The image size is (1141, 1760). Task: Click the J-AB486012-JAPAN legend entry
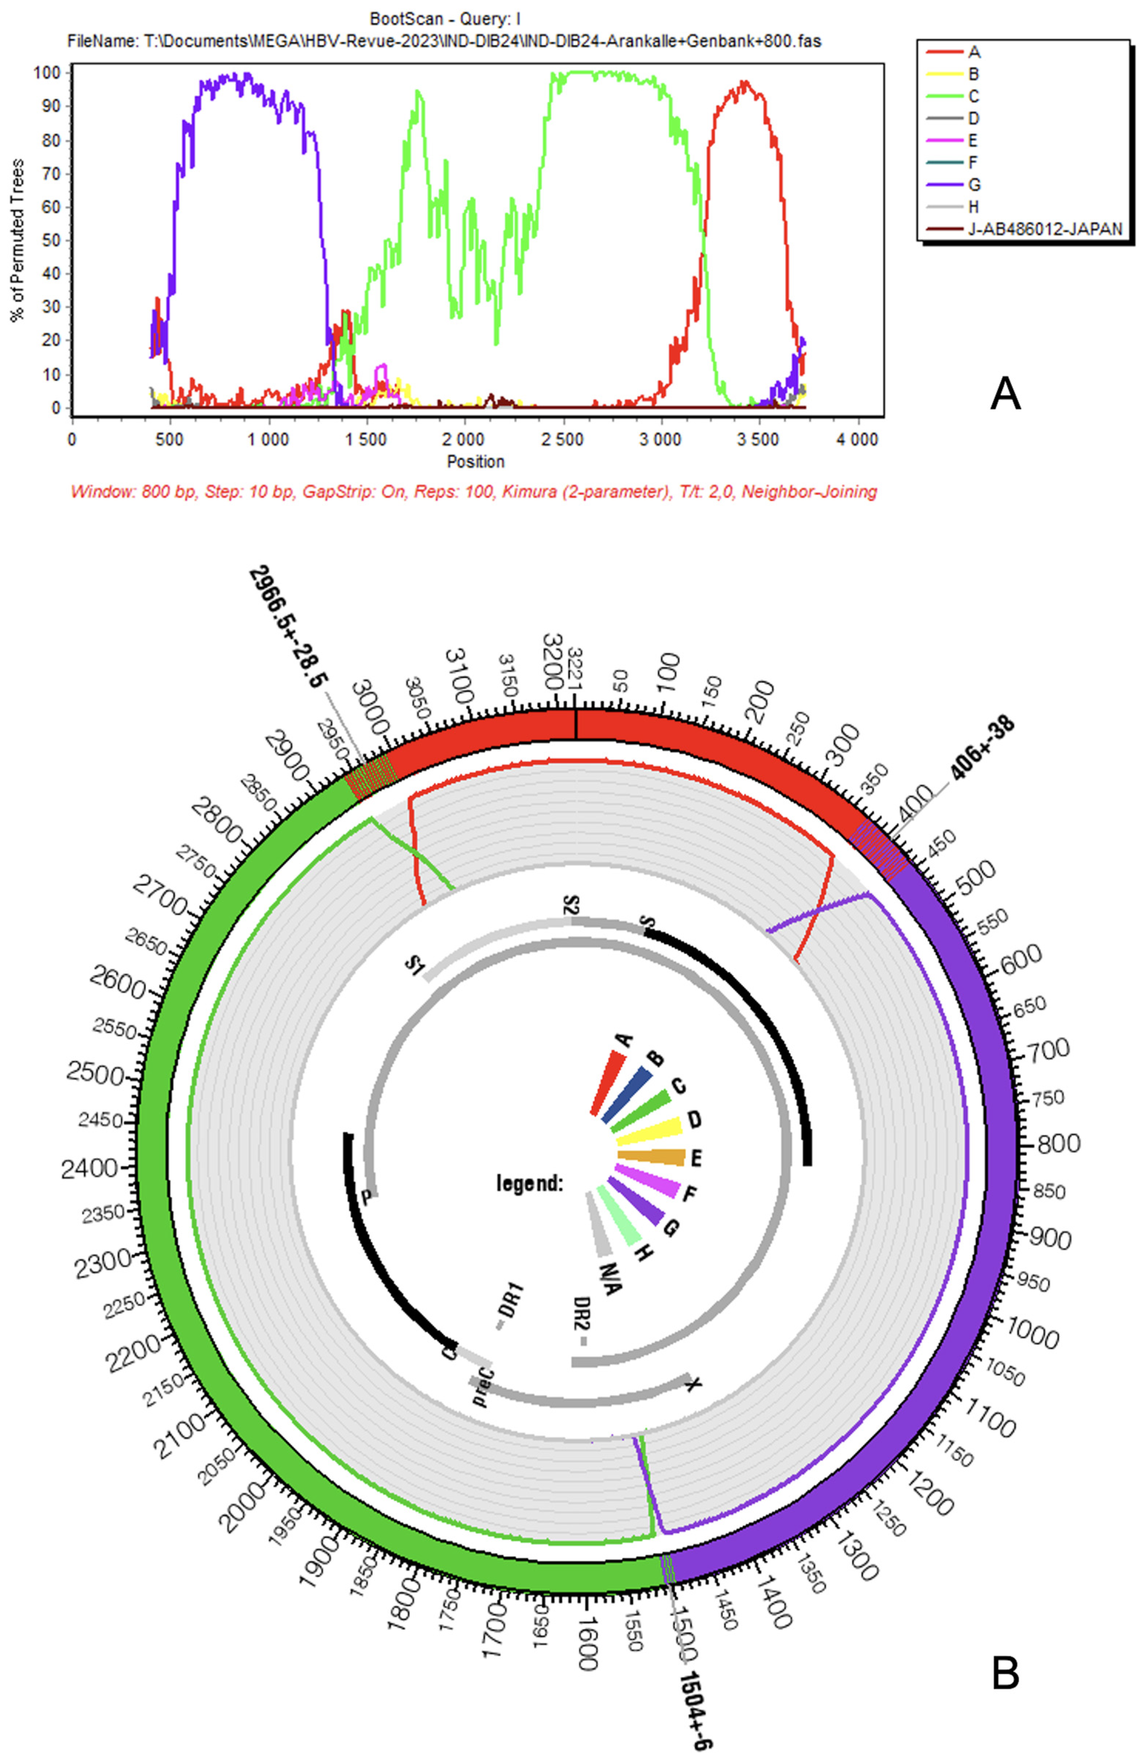1043,228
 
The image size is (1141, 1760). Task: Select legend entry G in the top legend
974,184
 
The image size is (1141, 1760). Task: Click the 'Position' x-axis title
475,461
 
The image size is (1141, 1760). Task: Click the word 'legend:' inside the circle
529,1183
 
